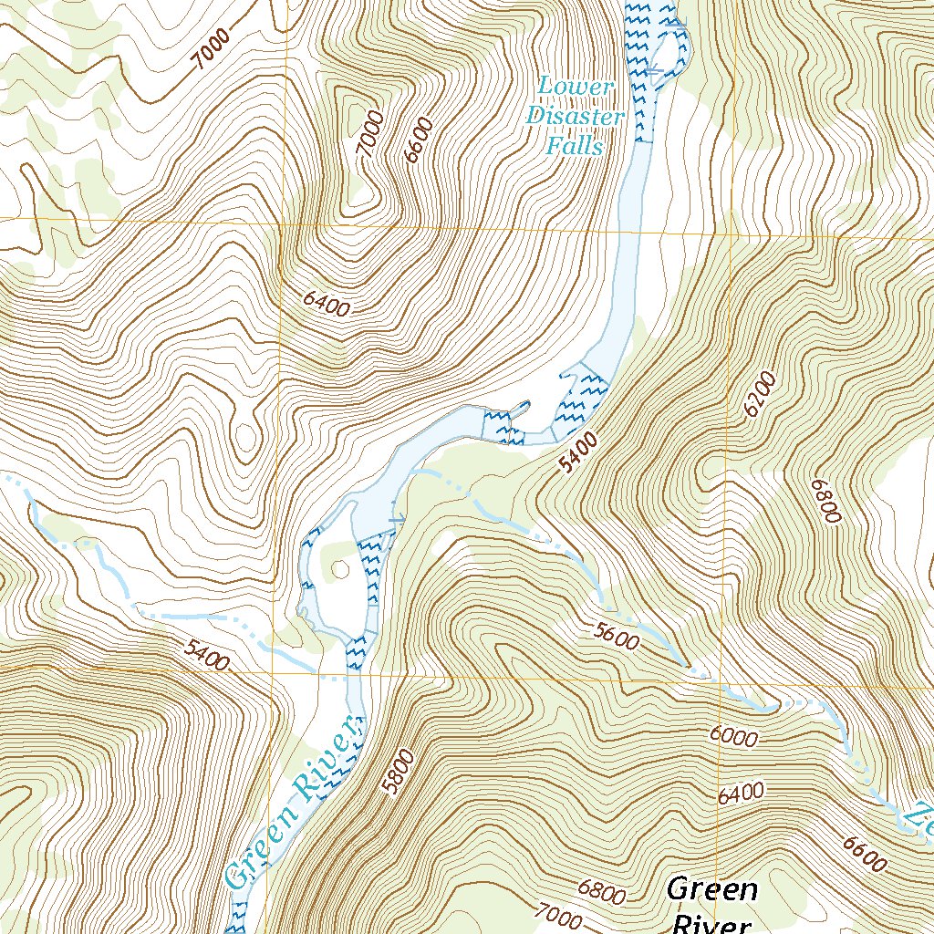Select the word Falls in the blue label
click(x=576, y=146)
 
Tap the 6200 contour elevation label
click(x=759, y=394)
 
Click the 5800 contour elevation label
click(x=400, y=773)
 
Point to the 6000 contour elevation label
click(x=732, y=736)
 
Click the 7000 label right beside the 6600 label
click(x=368, y=135)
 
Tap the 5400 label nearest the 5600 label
click(x=579, y=453)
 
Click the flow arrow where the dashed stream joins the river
click(x=396, y=520)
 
